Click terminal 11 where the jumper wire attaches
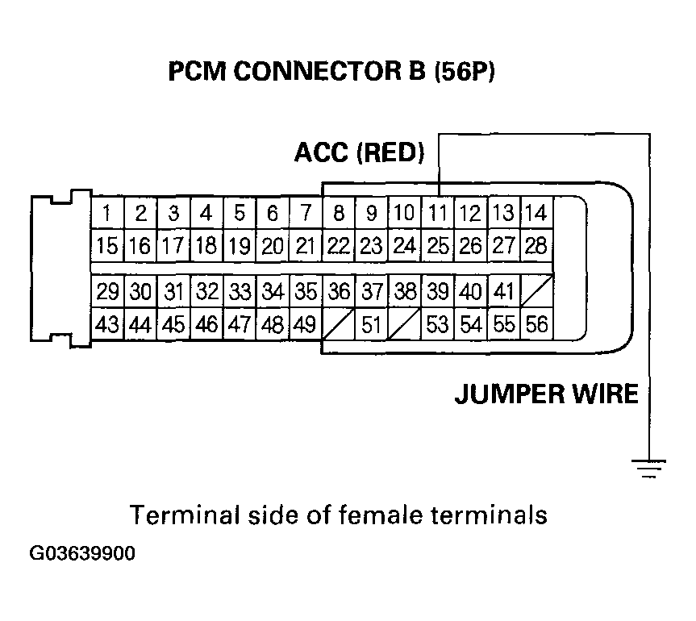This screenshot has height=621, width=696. point(436,214)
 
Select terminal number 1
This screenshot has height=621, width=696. point(106,214)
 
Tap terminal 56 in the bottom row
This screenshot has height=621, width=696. point(536,324)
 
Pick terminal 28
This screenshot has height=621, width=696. point(536,244)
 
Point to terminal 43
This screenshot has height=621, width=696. point(106,324)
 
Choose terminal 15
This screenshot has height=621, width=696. point(106,244)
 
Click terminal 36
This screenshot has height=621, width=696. point(339,292)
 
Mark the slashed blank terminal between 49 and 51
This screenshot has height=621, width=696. point(339,324)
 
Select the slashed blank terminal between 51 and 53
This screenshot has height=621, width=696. point(403,324)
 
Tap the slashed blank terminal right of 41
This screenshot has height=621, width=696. point(536,292)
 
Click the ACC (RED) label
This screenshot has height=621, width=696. point(359,152)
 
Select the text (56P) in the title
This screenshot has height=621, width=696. point(464,73)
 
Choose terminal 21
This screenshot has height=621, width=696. point(305,244)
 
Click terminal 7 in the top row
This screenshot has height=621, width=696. point(305,214)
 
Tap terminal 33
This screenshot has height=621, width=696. point(239,292)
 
